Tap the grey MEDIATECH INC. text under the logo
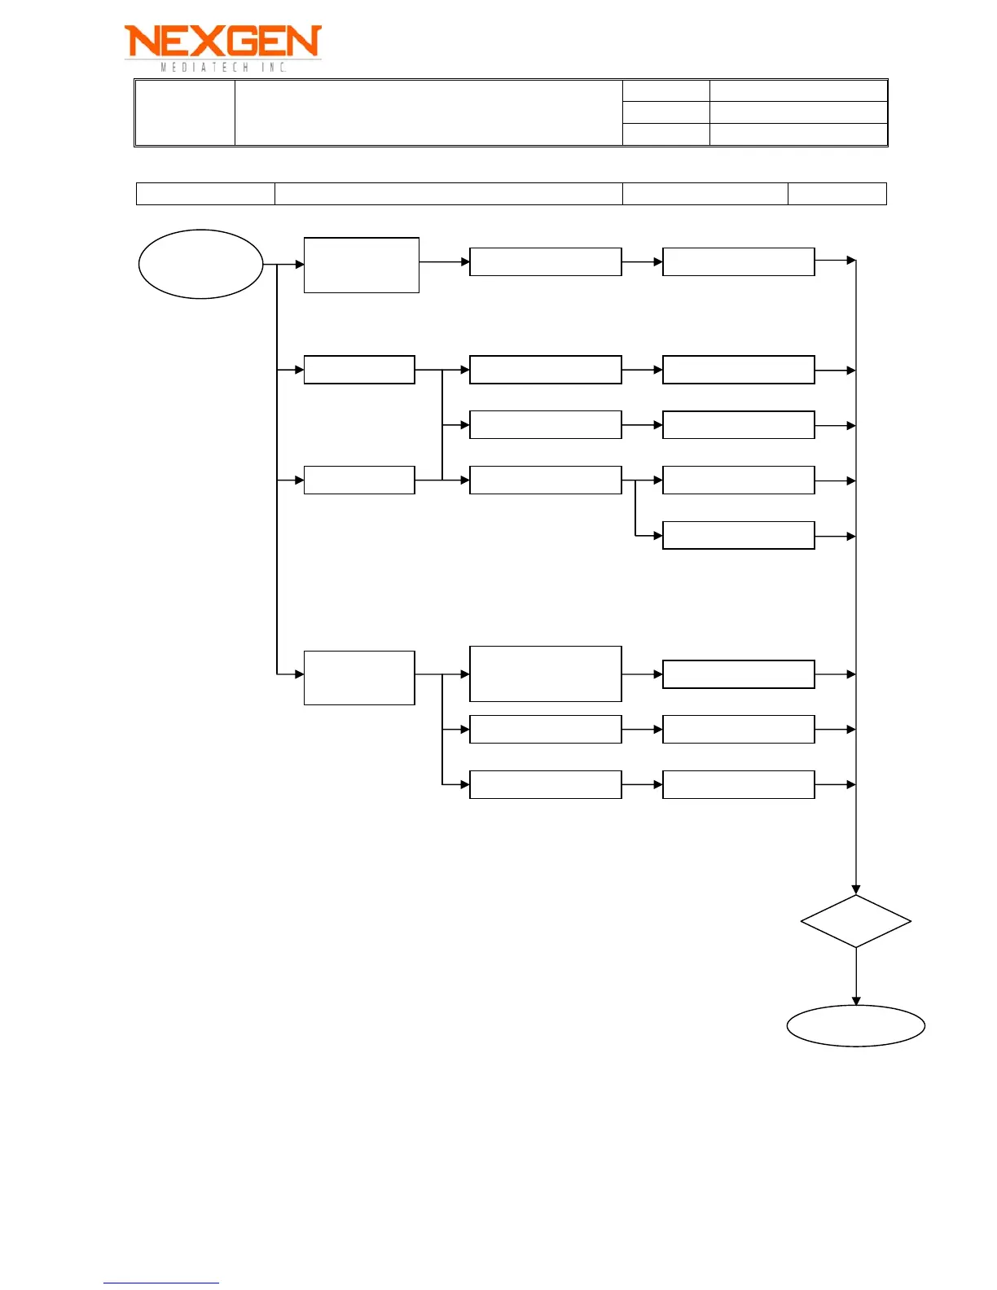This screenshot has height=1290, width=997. click(223, 68)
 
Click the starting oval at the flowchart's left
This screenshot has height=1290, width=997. click(200, 264)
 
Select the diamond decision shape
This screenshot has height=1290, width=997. click(855, 921)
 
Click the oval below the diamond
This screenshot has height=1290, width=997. click(855, 1025)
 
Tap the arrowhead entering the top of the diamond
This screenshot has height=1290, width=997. click(856, 889)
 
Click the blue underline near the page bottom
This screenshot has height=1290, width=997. click(161, 1283)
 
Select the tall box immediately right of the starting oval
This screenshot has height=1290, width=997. click(361, 265)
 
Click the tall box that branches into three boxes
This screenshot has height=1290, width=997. click(359, 678)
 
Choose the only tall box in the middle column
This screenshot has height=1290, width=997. click(545, 674)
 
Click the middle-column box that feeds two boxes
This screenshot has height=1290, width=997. click(545, 480)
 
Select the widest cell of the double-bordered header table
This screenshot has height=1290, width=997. click(428, 112)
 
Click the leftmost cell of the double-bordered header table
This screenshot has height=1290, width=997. click(185, 112)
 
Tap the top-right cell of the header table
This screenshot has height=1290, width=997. click(798, 90)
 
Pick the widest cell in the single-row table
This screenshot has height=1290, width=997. click(448, 194)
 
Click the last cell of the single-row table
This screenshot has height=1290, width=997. click(837, 194)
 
